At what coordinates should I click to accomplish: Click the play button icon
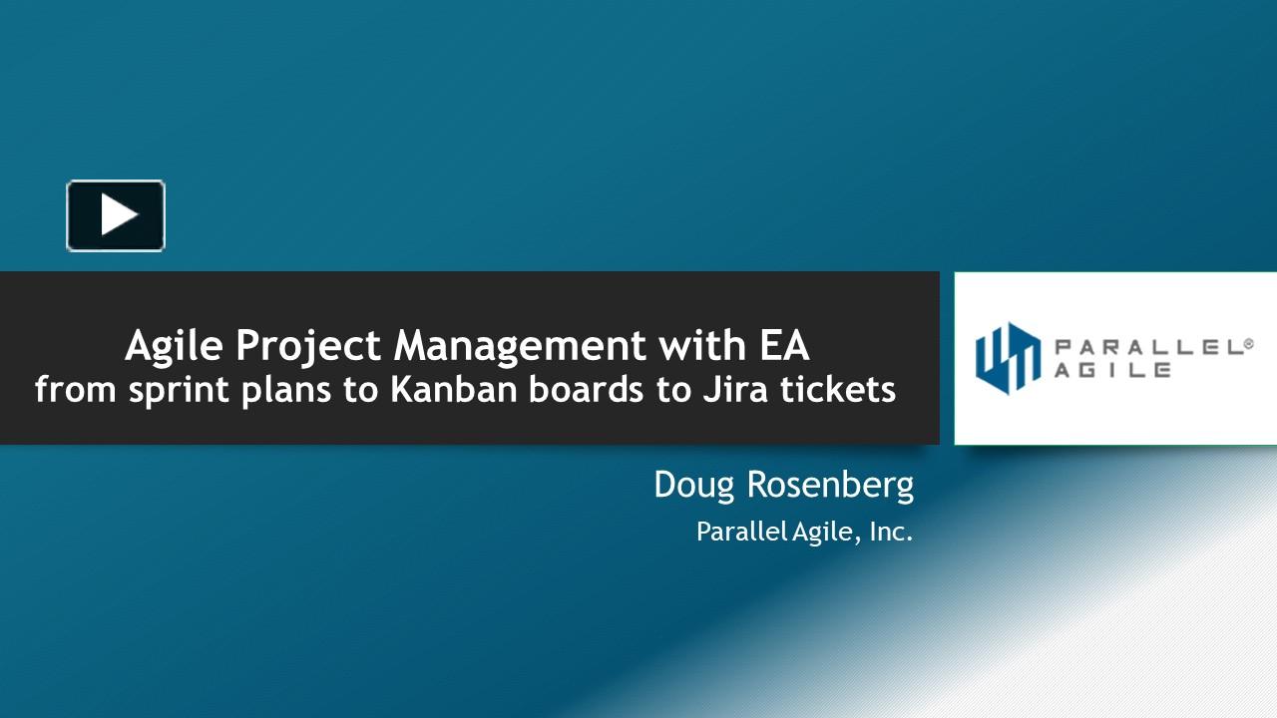click(x=116, y=215)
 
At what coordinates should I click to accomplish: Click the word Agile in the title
click(x=174, y=346)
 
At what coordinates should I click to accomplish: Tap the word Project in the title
click(x=308, y=346)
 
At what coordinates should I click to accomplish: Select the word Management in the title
click(x=520, y=346)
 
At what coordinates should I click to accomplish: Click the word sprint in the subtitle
click(x=179, y=391)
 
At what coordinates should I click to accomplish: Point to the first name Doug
click(x=693, y=486)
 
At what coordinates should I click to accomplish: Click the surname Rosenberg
click(x=830, y=486)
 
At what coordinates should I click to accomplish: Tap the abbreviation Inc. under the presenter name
click(x=891, y=532)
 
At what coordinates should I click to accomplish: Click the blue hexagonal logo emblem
click(x=1008, y=358)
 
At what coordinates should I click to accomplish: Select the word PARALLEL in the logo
click(x=1147, y=348)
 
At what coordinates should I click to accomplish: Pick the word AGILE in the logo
click(x=1112, y=370)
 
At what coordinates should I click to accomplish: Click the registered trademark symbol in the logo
click(x=1247, y=344)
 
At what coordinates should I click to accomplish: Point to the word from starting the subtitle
click(x=75, y=389)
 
